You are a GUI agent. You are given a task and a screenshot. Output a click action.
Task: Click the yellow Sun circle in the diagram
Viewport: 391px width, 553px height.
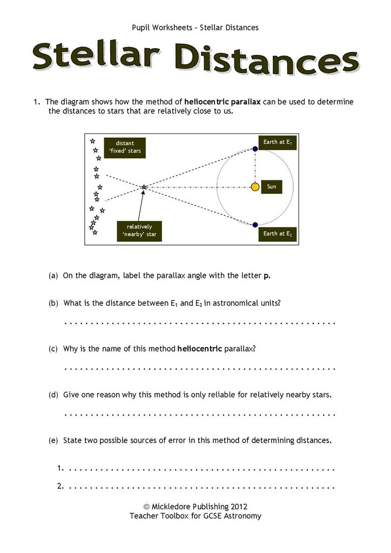pos(255,187)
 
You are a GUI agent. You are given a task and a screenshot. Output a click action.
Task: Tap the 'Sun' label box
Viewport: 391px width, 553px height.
pos(272,187)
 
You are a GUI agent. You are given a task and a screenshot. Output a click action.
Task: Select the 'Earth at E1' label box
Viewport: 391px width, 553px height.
pos(278,143)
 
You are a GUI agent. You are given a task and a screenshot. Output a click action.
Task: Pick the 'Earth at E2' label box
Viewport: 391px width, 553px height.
pos(278,234)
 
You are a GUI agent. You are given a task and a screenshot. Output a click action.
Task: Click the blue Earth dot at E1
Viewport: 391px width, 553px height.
pos(255,149)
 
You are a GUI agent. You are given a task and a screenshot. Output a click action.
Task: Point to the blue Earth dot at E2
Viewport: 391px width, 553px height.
pos(255,225)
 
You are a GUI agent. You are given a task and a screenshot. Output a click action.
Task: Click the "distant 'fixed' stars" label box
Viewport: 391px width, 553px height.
pos(125,147)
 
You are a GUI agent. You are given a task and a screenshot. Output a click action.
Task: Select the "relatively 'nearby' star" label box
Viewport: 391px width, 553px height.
pos(139,231)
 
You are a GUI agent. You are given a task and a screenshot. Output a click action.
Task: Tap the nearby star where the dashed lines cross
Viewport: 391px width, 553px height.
pos(144,187)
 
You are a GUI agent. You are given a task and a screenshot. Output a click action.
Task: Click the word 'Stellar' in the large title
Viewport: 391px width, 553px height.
pos(96,57)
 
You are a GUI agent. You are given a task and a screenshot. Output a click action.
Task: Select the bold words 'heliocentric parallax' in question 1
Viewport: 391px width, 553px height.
pos(223,102)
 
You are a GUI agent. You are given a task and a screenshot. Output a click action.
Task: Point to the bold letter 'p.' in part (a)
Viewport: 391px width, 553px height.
pos(267,276)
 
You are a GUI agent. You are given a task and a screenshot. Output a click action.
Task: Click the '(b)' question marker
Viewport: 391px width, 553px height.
pos(53,304)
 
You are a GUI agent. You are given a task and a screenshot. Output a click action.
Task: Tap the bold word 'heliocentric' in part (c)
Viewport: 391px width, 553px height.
pos(200,349)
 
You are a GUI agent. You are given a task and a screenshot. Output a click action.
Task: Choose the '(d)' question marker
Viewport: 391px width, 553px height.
pos(53,395)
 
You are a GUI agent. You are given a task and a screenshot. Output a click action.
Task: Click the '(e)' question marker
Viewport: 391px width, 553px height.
pos(53,441)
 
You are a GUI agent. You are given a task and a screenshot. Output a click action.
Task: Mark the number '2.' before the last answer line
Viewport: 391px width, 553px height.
pos(60,486)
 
